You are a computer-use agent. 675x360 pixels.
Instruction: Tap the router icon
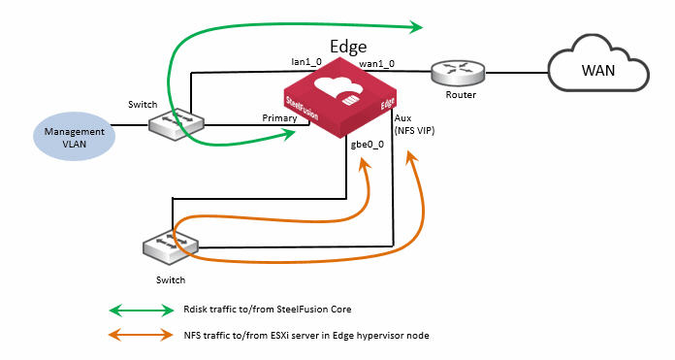click(459, 71)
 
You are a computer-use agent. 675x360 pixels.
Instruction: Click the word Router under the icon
click(460, 96)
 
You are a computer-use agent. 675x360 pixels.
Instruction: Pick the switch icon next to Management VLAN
click(177, 124)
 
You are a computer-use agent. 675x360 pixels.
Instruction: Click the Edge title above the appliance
click(348, 46)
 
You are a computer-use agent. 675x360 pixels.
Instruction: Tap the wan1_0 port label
click(377, 63)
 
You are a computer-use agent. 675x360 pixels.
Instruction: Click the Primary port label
click(279, 117)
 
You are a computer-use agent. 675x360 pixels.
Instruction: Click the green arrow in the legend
click(140, 311)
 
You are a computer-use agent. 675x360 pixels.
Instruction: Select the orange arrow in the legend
click(140, 335)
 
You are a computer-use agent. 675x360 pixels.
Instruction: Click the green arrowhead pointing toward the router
click(417, 26)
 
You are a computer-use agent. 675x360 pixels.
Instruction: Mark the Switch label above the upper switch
click(143, 103)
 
